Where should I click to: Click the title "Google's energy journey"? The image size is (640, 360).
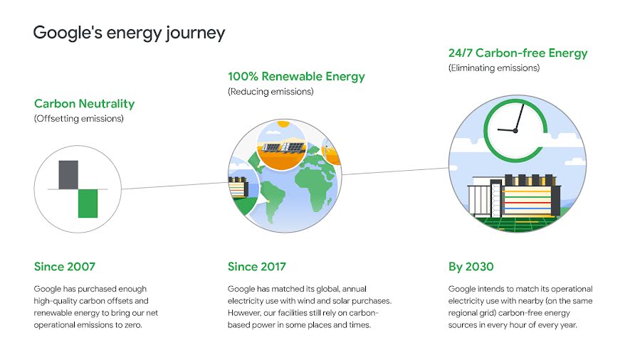pos(129,33)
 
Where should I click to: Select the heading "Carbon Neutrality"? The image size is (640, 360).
pos(85,104)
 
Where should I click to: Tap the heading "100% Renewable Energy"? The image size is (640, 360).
pos(296,76)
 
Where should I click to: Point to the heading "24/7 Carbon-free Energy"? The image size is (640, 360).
pos(518,53)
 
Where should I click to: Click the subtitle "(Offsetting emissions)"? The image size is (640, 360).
pos(79,119)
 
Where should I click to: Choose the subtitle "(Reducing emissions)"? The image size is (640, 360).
pos(271,92)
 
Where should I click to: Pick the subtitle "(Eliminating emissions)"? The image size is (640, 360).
pos(494,68)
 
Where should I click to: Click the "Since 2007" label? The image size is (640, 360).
pos(65,267)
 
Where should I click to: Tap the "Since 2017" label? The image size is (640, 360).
pos(257,267)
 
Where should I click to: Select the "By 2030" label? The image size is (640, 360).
pos(471,267)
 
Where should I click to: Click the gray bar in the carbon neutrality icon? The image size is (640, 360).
pos(68,175)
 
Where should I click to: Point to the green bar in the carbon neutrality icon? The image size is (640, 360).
pos(88,203)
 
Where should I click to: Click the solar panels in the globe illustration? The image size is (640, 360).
pos(283,147)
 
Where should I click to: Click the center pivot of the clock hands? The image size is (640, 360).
pos(515,131)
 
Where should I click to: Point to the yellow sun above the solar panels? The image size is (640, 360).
pos(283,124)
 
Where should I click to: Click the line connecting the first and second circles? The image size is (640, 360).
pos(174,186)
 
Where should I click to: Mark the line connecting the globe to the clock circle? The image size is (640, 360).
pos(395,171)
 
